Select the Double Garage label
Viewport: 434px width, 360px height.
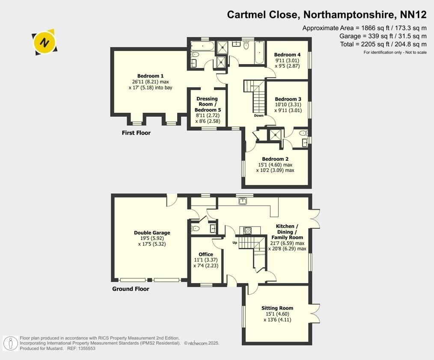(152, 233)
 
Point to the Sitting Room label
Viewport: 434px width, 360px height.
(277, 308)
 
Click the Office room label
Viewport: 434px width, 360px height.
(206, 254)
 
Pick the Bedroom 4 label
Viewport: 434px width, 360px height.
(287, 55)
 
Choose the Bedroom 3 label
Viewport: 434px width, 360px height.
(288, 99)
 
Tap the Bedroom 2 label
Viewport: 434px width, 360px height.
(275, 159)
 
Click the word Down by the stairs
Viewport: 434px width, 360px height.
(259, 115)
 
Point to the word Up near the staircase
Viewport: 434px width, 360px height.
(235, 243)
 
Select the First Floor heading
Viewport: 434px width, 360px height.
(136, 133)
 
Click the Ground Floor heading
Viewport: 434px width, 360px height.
(131, 289)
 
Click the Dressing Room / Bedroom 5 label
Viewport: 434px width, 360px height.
(207, 104)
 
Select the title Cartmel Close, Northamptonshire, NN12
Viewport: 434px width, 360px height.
(327, 15)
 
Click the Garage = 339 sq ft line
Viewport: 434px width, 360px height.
(383, 36)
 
